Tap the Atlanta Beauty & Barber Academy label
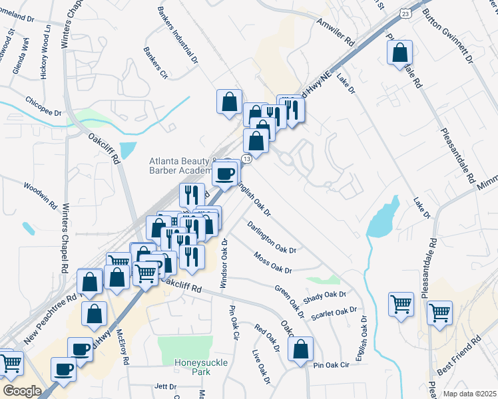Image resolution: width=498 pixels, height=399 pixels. (183, 165)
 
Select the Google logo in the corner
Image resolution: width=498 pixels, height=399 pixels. (23, 391)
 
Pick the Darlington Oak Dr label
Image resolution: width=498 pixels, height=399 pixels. (271, 236)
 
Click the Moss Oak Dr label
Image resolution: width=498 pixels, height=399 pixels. (272, 262)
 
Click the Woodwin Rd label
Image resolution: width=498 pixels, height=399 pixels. (42, 196)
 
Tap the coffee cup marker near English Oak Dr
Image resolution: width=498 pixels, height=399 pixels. (224, 174)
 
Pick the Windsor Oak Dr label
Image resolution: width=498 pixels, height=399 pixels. (224, 263)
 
